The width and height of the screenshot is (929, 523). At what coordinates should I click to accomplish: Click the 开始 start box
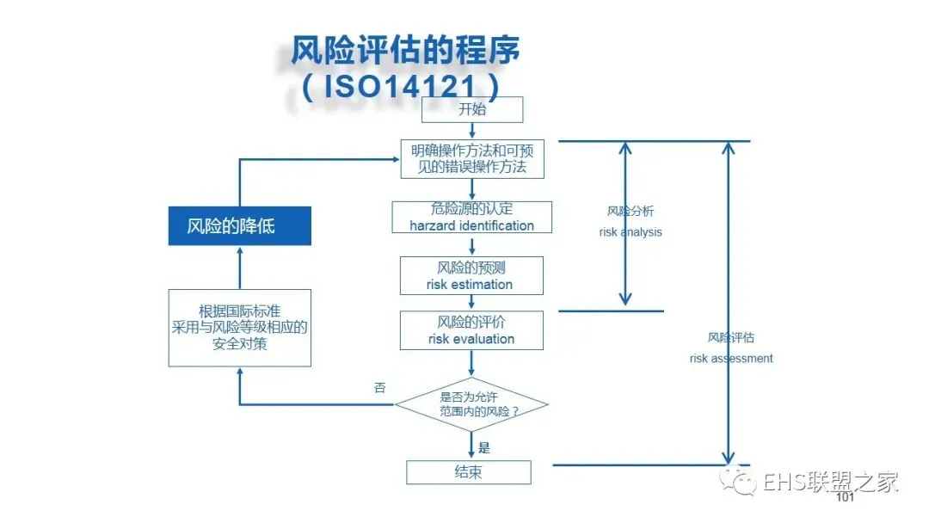pos(471,109)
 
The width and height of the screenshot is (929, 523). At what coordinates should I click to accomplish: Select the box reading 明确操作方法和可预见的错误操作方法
pos(472,159)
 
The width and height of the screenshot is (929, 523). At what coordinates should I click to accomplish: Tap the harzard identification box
pos(471,217)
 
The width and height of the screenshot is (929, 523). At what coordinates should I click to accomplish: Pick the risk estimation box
pos(471,275)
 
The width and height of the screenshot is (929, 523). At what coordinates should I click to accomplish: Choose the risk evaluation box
pos(471,330)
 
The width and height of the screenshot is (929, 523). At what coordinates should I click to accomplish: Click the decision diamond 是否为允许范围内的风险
pos(471,404)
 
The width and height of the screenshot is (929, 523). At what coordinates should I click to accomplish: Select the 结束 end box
pos(469,472)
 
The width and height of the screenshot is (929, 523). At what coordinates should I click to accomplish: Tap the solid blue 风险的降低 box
pos(239,227)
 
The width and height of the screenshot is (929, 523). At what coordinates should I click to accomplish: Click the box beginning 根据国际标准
pos(239,328)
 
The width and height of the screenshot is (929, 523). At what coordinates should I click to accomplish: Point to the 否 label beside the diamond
pos(380,387)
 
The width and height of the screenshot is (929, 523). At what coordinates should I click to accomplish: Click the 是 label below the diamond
pos(484,447)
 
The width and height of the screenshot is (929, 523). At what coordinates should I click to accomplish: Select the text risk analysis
pos(631,232)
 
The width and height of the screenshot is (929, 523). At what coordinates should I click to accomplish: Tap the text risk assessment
pos(731,358)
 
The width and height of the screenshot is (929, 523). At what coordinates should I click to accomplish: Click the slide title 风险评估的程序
pos(405,50)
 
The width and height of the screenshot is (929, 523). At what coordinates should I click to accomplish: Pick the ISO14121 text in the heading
pos(401,85)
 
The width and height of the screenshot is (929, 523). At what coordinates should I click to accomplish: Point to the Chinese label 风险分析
pos(631,211)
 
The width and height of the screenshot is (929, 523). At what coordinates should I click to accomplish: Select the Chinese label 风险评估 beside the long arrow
pos(731,337)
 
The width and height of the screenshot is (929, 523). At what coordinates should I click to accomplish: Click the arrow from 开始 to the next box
pos(472,131)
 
